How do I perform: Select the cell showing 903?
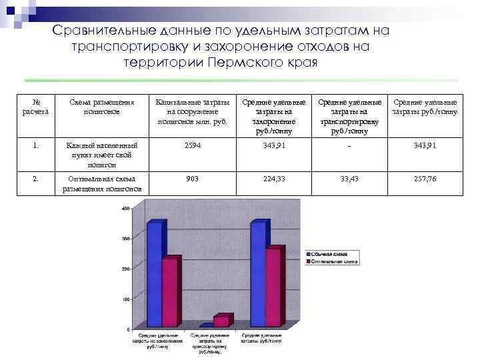(x=192, y=178)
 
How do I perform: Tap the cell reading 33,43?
(x=349, y=178)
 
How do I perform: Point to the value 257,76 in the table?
(x=424, y=178)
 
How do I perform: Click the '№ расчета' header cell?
(x=37, y=107)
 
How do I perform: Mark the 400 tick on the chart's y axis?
(x=125, y=209)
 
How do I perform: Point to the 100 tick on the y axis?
(x=125, y=299)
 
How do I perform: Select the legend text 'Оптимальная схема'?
(x=335, y=261)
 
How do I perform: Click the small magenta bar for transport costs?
(x=221, y=321)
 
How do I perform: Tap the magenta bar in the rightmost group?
(x=273, y=287)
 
